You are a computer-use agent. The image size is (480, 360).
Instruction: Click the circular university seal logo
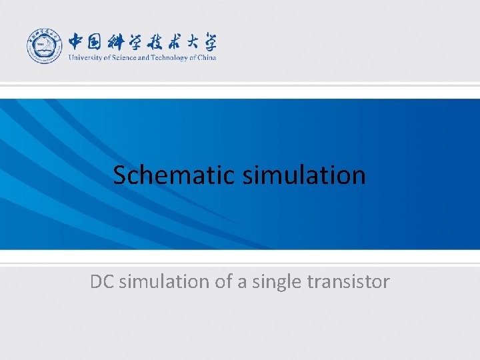coord(44,46)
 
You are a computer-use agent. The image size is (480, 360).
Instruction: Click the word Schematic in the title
coord(174,175)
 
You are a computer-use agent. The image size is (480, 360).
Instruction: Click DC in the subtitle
coord(101,282)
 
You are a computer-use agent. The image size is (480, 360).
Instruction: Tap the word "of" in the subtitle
coord(223,282)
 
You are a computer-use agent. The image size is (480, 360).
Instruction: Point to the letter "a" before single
coord(241,282)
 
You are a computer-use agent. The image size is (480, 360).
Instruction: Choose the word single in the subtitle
coord(275,282)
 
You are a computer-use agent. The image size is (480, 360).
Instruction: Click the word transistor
coord(348,282)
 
